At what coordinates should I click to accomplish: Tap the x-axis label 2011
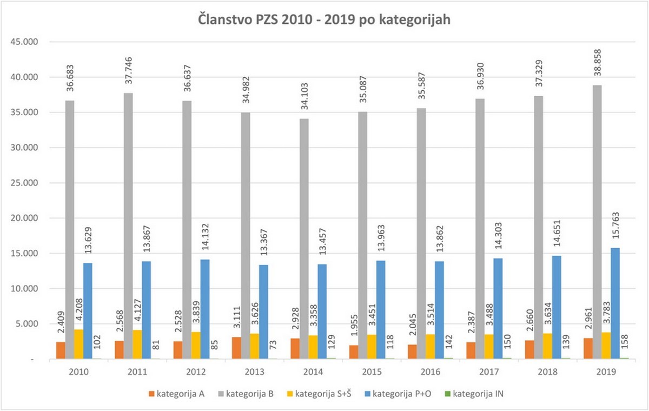(137, 372)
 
